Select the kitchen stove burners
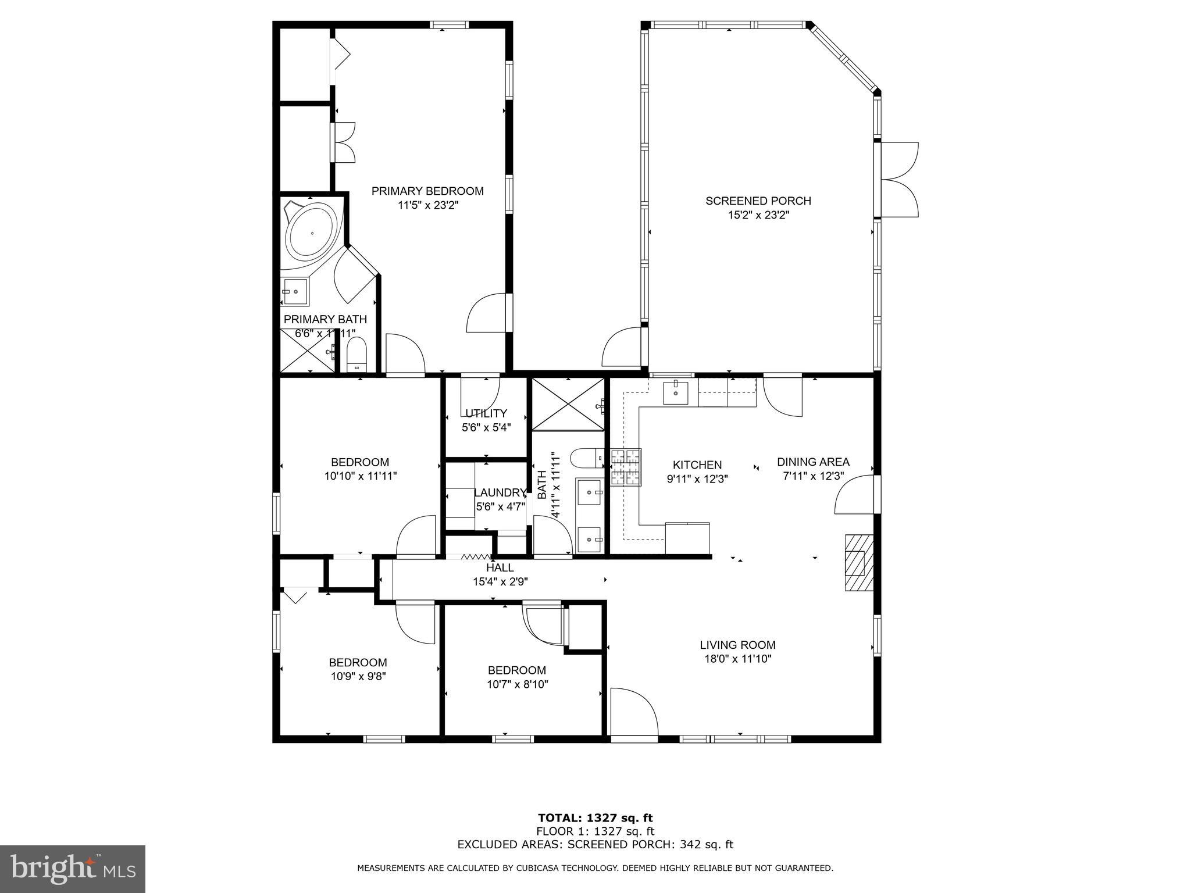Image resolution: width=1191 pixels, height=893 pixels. point(626,467)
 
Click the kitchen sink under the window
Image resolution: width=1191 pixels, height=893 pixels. point(675,392)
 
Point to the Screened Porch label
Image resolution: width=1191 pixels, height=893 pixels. point(758,201)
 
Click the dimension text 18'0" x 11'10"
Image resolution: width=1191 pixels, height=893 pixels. point(737,659)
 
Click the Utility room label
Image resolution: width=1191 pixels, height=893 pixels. point(486,413)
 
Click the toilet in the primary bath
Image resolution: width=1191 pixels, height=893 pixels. point(356,355)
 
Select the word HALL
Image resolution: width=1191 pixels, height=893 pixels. point(500,567)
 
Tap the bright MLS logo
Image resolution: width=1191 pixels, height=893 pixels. point(73,869)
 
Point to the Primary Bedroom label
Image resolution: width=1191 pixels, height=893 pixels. point(427,191)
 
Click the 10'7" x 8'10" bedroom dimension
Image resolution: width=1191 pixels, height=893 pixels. point(517,684)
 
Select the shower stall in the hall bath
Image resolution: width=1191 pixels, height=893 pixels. point(568,405)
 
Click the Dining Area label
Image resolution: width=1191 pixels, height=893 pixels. point(813,462)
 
